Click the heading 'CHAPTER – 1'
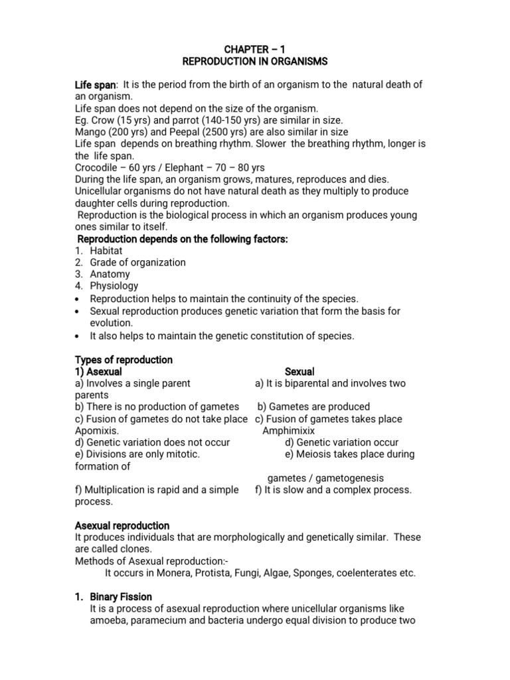255,48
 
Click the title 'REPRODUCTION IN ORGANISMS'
255,61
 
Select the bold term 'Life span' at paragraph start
95,84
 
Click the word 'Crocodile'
97,168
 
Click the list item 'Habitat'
107,250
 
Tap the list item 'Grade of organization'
138,262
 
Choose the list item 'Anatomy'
110,274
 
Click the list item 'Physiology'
114,286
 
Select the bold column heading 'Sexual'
299,371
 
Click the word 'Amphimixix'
288,430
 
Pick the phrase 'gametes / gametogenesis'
325,478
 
